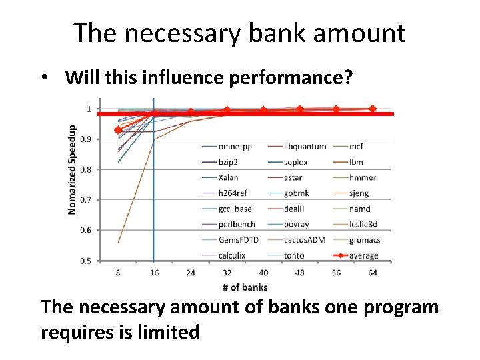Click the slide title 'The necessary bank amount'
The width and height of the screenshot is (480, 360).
[239, 32]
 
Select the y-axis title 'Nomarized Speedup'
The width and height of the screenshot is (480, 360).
[72, 169]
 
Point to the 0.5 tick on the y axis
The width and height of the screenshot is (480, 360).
[86, 261]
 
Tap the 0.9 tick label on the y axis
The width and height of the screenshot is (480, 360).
[86, 139]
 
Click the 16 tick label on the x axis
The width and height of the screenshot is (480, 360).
[154, 273]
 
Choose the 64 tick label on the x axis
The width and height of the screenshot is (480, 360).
[372, 273]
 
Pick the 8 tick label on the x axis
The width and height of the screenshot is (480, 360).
[118, 273]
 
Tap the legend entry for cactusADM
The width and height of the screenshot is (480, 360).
[304, 239]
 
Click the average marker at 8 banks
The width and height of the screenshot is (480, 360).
[118, 130]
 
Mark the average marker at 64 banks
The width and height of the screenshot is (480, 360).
[373, 109]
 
